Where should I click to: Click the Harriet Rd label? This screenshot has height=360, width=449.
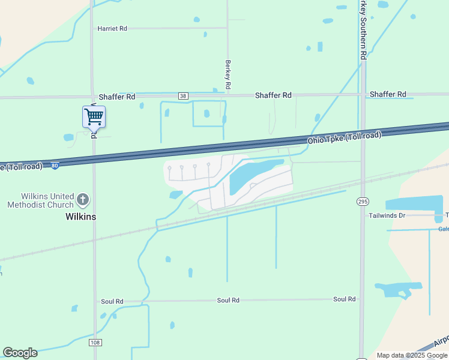pyautogui.click(x=112, y=28)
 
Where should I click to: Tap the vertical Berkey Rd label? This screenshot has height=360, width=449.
pyautogui.click(x=228, y=74)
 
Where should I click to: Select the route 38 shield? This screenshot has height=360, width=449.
pyautogui.click(x=183, y=96)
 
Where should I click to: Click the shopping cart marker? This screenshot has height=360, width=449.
pyautogui.click(x=94, y=116)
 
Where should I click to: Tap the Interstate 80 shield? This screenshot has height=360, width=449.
pyautogui.click(x=55, y=165)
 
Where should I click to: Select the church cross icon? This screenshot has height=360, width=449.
pyautogui.click(x=83, y=199)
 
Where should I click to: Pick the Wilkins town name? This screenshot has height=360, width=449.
pyautogui.click(x=80, y=217)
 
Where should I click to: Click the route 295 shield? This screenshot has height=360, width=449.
pyautogui.click(x=363, y=200)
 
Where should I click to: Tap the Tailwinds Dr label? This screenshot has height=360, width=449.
pyautogui.click(x=387, y=215)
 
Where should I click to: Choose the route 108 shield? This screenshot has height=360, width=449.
pyautogui.click(x=95, y=342)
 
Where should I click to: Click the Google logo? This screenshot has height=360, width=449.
pyautogui.click(x=20, y=353)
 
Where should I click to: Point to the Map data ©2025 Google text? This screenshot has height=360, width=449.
pyautogui.click(x=412, y=355)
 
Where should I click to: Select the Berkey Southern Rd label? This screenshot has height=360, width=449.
pyautogui.click(x=363, y=29)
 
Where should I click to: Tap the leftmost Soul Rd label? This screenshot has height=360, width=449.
pyautogui.click(x=112, y=301)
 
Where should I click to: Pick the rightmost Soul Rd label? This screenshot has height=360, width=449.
pyautogui.click(x=344, y=299)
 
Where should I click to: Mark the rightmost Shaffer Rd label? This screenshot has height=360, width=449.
pyautogui.click(x=388, y=94)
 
